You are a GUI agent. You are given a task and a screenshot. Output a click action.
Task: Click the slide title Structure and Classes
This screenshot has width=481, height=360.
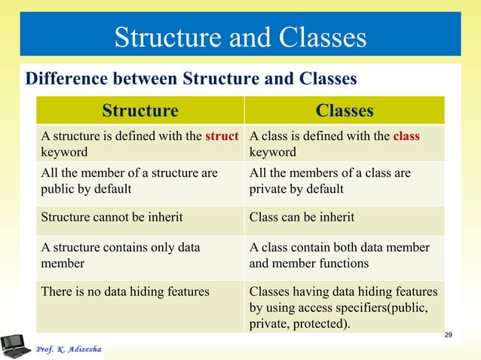click(240, 37)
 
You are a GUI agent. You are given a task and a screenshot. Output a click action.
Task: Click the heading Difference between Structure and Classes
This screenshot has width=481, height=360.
click(191, 79)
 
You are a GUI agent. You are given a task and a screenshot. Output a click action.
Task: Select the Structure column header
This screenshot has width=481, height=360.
click(140, 111)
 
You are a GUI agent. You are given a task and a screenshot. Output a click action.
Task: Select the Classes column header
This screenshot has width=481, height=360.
click(345, 111)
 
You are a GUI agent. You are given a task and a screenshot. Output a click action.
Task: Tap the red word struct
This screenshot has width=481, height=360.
click(222, 137)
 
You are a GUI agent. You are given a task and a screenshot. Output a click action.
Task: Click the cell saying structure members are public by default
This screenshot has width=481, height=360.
click(140, 181)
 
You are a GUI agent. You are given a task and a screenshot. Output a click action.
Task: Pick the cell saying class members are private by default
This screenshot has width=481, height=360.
click(345, 181)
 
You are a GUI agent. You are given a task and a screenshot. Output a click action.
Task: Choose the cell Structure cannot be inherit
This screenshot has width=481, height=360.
click(140, 218)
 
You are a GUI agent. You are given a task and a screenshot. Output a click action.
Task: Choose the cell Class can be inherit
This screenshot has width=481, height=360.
click(345, 218)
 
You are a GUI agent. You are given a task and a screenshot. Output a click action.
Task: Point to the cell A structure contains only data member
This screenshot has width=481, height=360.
click(140, 256)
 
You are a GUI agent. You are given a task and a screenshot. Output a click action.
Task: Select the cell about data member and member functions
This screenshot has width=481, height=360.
click(345, 256)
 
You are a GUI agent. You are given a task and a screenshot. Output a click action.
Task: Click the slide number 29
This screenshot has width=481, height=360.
click(449, 334)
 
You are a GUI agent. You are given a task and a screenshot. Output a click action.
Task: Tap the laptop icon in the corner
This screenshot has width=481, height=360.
click(15, 345)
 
